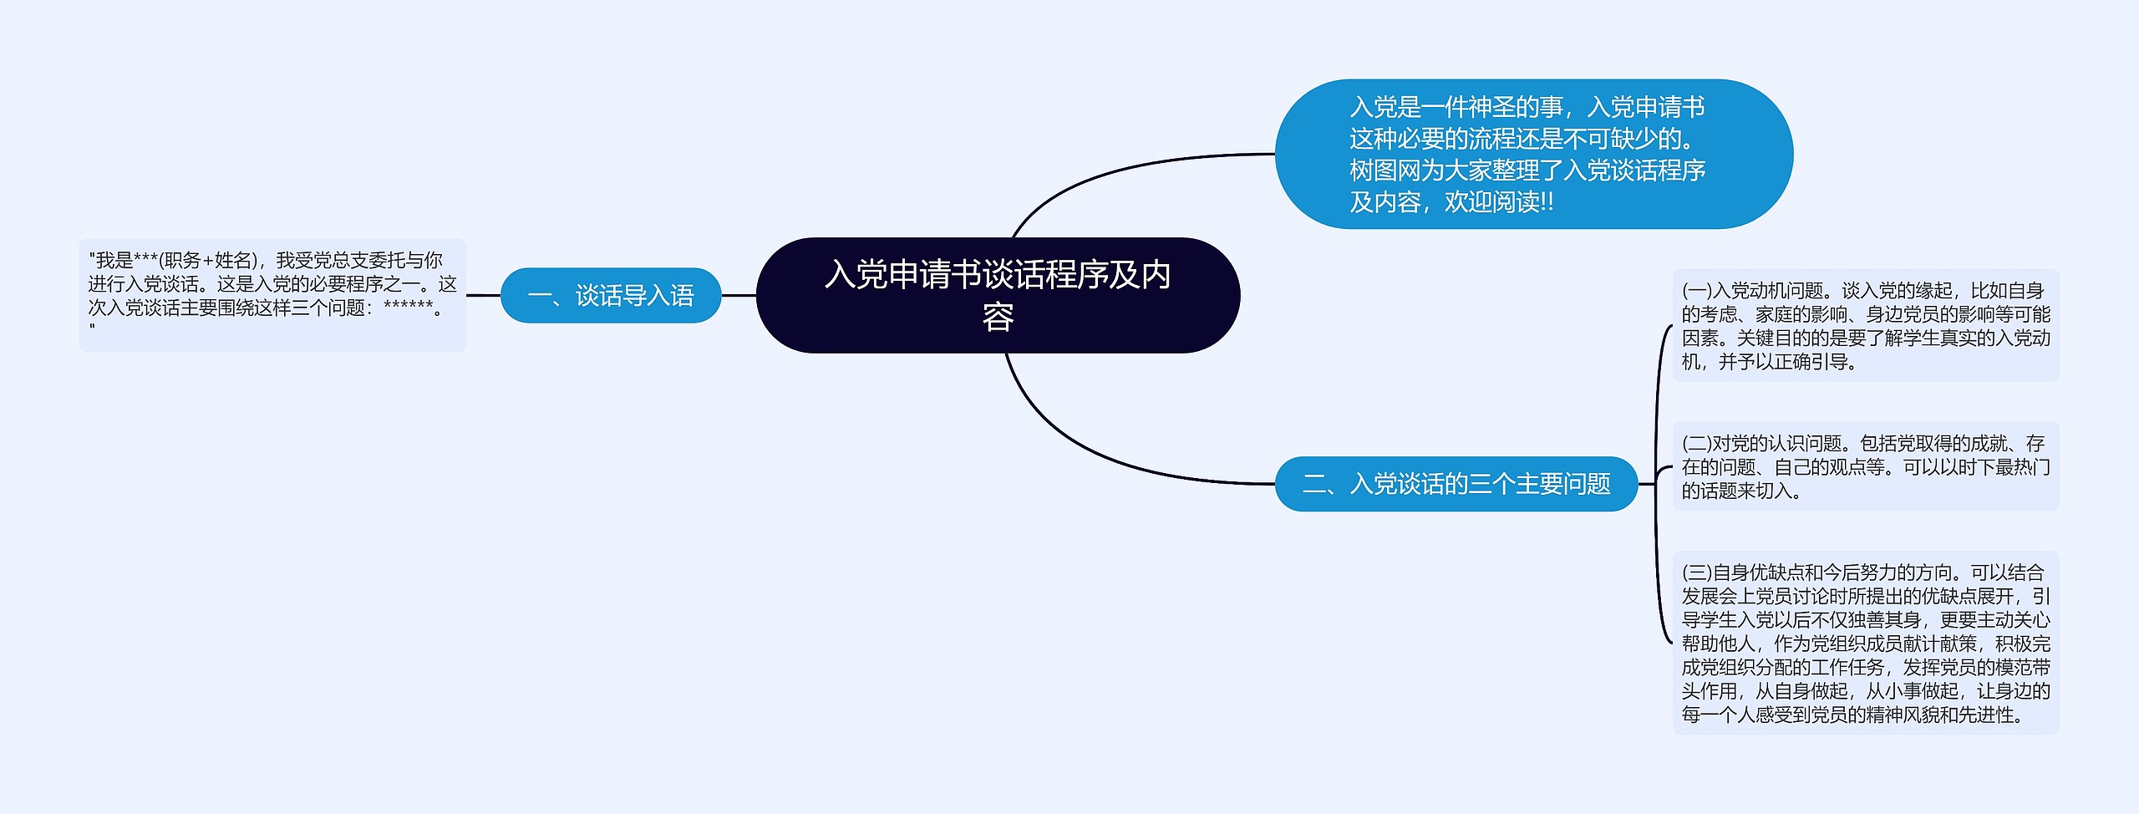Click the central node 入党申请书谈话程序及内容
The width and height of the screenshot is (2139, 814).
997,295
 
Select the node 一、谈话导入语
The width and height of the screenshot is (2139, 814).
610,295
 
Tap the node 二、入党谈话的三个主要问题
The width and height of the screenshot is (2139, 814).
1456,484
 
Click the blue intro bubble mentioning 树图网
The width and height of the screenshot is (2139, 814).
1533,154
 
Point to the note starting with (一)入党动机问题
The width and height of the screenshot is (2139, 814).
1865,326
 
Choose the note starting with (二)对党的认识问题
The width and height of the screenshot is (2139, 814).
1865,466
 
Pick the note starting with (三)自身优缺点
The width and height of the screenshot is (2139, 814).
1865,643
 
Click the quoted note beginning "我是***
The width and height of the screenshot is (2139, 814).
272,295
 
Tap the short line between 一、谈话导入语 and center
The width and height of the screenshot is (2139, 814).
739,295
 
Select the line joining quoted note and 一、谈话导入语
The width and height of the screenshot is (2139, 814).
483,295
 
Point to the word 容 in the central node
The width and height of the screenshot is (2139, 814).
998,318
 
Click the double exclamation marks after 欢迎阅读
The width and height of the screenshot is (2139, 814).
1546,202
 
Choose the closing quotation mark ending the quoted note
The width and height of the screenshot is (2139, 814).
92,329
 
